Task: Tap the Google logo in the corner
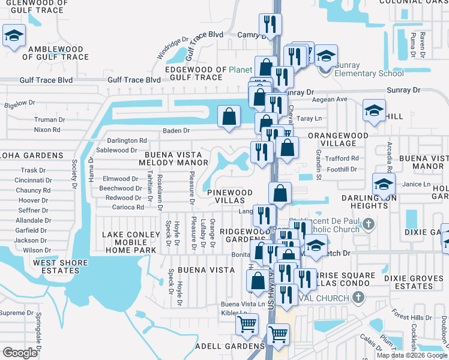pyautogui.click(x=20, y=353)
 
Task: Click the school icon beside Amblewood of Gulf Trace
pyautogui.click(x=13, y=35)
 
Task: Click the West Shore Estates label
pyautogui.click(x=56, y=266)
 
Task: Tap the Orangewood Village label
pyautogui.click(x=338, y=140)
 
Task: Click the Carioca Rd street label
pyautogui.click(x=128, y=207)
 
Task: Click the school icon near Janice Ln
pyautogui.click(x=384, y=184)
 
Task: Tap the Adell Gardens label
pyautogui.click(x=230, y=346)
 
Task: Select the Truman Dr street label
pyautogui.click(x=49, y=119)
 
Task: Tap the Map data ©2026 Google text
pyautogui.click(x=411, y=355)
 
